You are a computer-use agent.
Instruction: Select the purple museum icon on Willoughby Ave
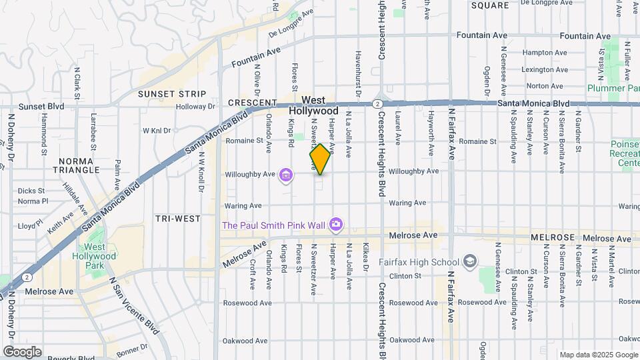click(286, 175)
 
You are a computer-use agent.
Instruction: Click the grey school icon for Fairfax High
click(471, 261)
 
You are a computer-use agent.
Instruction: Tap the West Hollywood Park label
click(100, 251)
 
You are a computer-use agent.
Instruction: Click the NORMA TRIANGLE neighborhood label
click(79, 165)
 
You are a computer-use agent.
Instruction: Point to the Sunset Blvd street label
click(41, 106)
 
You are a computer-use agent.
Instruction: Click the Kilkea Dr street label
click(365, 265)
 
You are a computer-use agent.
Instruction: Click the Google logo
click(22, 351)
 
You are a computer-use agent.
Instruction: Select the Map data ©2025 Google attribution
click(598, 355)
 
